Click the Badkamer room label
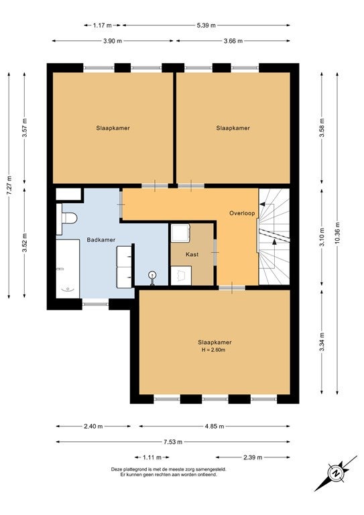point(101,240)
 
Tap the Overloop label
point(242,213)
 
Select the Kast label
point(192,254)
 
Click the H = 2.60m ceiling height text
point(213,350)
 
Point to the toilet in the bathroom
point(66,218)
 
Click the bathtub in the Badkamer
point(68,269)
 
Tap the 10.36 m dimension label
point(337,233)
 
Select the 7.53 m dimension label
point(173,442)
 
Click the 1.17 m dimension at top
point(102,25)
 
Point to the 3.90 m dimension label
point(113,41)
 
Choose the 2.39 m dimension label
point(253,457)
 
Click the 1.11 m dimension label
point(152,457)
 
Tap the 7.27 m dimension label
point(9,186)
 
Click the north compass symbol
point(336,473)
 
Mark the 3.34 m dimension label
point(322,341)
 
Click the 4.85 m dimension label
point(215,426)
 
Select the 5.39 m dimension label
point(206,25)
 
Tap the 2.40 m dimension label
point(93,426)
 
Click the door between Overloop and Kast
point(215,252)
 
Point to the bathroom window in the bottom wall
point(95,304)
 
